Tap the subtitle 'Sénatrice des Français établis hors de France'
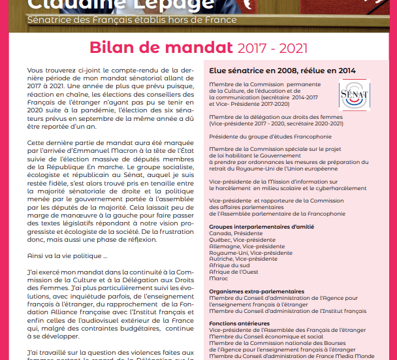pos(132,20)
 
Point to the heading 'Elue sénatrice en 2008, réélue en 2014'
pos(282,71)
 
